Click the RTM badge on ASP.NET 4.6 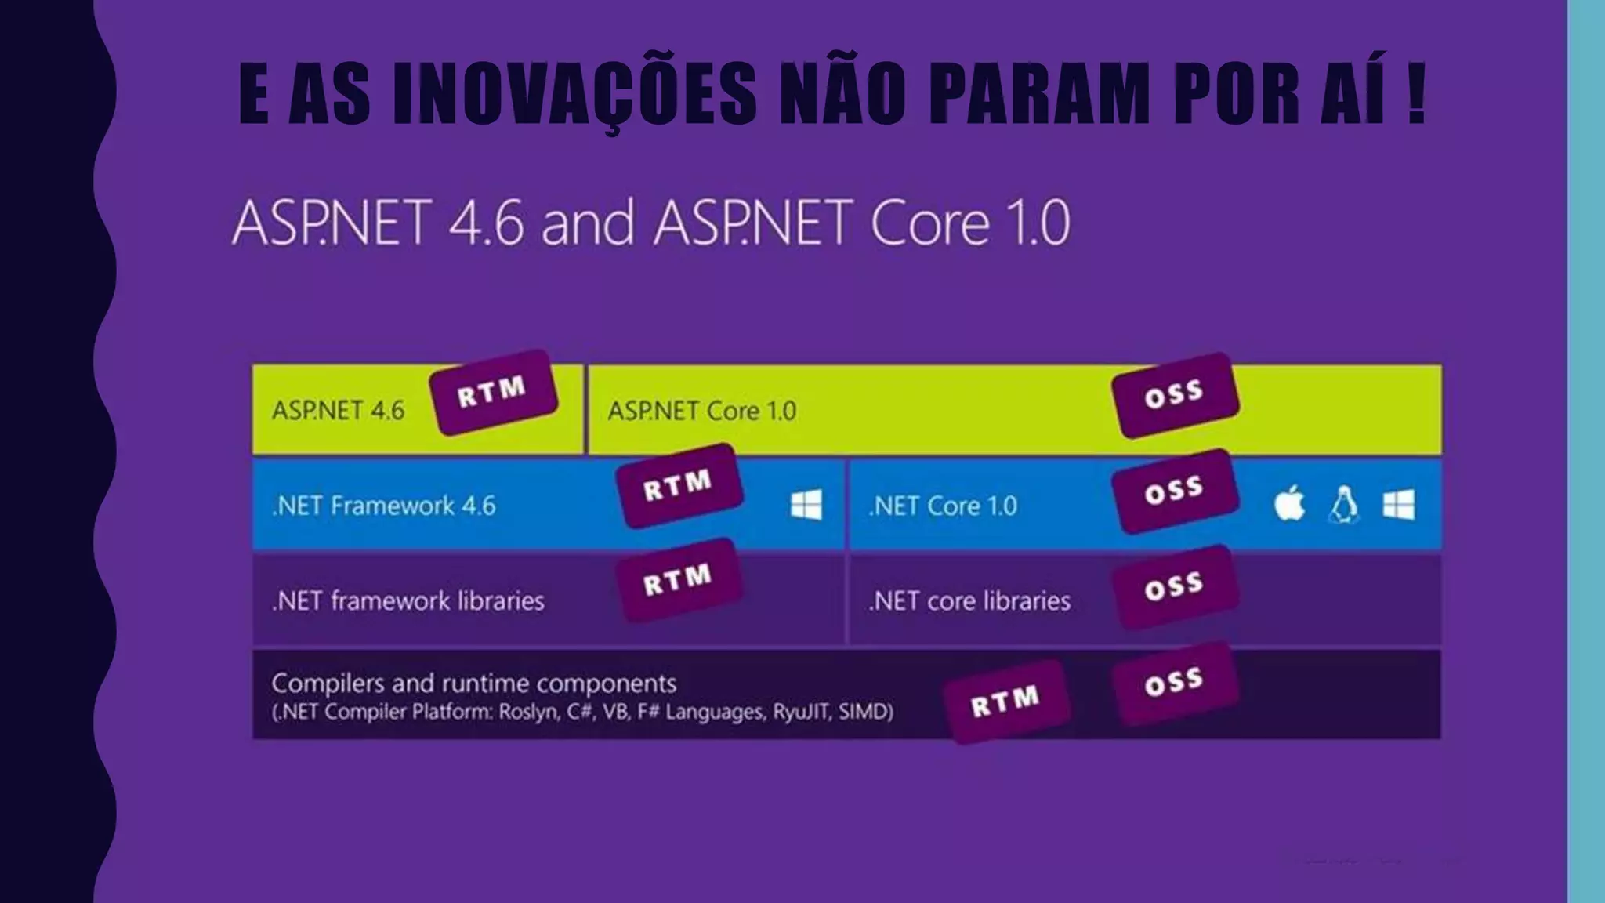tap(493, 392)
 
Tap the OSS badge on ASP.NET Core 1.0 tap(1175, 395)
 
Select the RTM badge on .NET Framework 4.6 tap(679, 486)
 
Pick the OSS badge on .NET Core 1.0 tap(1175, 491)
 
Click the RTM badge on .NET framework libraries tap(679, 581)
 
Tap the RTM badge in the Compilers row tap(1006, 701)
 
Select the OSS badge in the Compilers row tap(1175, 683)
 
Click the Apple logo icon tap(1289, 503)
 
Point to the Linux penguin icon tap(1344, 504)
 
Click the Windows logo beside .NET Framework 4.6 tap(806, 505)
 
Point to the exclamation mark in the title tap(1415, 92)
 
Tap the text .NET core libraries tap(969, 601)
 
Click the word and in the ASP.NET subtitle tap(587, 223)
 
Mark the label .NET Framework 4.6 tap(384, 506)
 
